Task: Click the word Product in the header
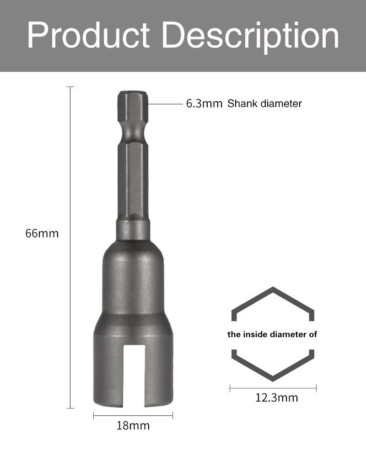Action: click(88, 36)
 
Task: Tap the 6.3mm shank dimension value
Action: click(204, 104)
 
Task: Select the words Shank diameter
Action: click(264, 104)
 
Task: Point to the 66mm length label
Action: click(42, 233)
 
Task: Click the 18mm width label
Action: click(133, 426)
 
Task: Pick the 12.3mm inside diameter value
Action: click(276, 398)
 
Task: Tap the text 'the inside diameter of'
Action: click(272, 334)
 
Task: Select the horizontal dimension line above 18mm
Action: click(133, 415)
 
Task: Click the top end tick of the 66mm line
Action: click(70, 86)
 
